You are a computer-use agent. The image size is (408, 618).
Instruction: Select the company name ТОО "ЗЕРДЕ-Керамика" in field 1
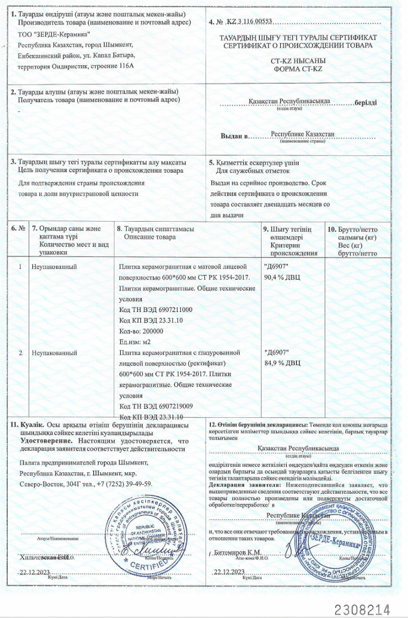point(54,35)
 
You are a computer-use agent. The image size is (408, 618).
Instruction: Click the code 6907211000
point(171,309)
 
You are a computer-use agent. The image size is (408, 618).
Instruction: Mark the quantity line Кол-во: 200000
point(141,331)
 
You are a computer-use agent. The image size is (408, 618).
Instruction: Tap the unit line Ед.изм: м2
point(136,341)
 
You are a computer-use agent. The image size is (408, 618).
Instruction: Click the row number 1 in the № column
point(20,266)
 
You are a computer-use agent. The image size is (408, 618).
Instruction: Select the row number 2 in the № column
point(20,352)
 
